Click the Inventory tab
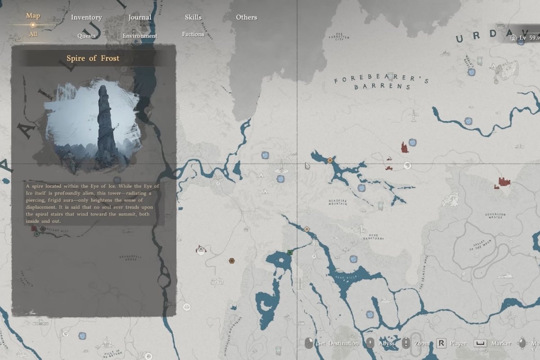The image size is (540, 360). coord(86,18)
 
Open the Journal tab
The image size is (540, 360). coord(139,18)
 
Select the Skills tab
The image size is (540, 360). coord(193,18)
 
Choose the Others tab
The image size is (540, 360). coord(247,18)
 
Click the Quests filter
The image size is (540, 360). coord(86,36)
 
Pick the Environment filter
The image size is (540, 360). coord(140,36)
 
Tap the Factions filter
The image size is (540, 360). coord(193,34)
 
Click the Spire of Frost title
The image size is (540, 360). coord(93,58)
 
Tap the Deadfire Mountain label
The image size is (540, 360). coord(337,202)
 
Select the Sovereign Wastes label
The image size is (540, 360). coord(495,216)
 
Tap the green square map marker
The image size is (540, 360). coord(290,252)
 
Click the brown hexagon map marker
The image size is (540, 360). coord(231,261)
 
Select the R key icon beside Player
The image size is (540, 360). coord(441,343)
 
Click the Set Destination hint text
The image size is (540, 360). coord(337,343)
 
